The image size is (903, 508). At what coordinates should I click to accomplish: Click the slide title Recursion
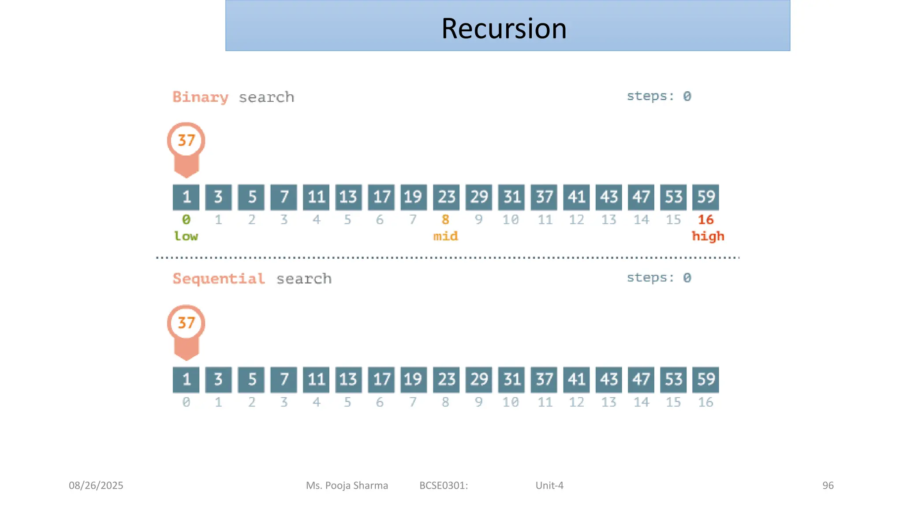(x=504, y=29)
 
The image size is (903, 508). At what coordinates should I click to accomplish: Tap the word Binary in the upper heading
(x=200, y=97)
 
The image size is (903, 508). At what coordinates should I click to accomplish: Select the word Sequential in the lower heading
(x=219, y=279)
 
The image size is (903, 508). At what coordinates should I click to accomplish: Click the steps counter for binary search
(x=659, y=96)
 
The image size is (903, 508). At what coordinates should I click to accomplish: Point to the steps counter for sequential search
(x=659, y=278)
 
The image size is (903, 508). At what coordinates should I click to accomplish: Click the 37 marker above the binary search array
(x=186, y=141)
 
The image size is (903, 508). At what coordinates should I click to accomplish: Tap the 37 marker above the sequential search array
(x=186, y=323)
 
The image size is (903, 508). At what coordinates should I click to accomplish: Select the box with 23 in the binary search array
(x=446, y=197)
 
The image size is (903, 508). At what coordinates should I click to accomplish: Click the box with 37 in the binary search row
(x=544, y=197)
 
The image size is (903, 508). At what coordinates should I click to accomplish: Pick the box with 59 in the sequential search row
(x=705, y=380)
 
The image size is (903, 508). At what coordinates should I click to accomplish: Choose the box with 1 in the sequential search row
(x=186, y=380)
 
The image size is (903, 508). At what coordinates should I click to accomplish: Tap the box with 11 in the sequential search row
(x=316, y=380)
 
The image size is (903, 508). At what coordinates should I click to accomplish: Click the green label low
(x=186, y=236)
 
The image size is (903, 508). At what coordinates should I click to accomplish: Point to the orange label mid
(x=446, y=236)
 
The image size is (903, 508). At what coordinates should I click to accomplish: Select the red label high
(x=708, y=236)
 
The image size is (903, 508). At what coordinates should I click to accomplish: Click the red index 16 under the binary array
(x=705, y=220)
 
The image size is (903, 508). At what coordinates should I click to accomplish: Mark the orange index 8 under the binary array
(x=445, y=220)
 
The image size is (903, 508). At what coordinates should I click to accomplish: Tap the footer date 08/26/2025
(x=96, y=486)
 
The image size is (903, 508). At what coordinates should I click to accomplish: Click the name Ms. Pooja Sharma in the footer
(x=347, y=486)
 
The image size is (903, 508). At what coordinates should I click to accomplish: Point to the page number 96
(x=828, y=486)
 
